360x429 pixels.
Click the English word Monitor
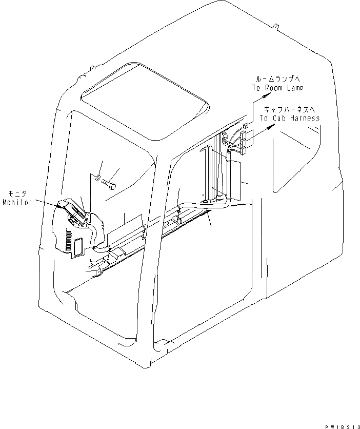[17, 202]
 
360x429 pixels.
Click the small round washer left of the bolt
[97, 179]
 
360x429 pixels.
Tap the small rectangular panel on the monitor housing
[79, 247]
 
